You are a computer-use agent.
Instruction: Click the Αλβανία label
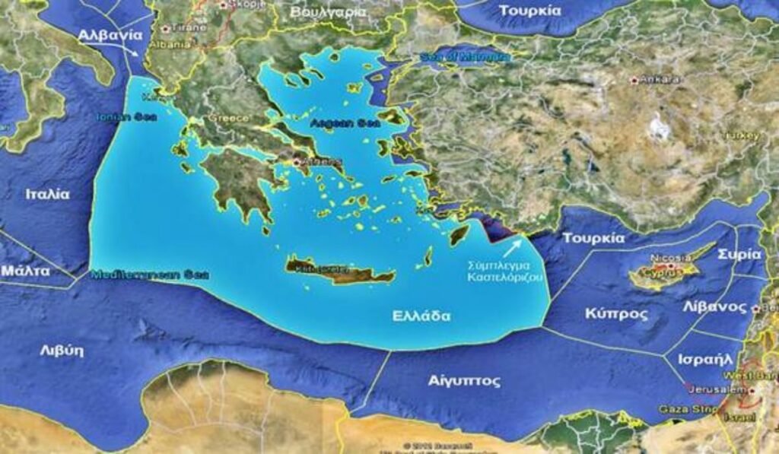110,35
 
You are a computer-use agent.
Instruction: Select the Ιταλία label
47,194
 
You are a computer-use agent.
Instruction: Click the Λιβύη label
62,351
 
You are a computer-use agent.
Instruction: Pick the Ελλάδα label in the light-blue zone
421,316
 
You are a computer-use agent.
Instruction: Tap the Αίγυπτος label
464,380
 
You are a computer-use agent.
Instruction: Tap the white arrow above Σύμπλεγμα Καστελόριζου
513,248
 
